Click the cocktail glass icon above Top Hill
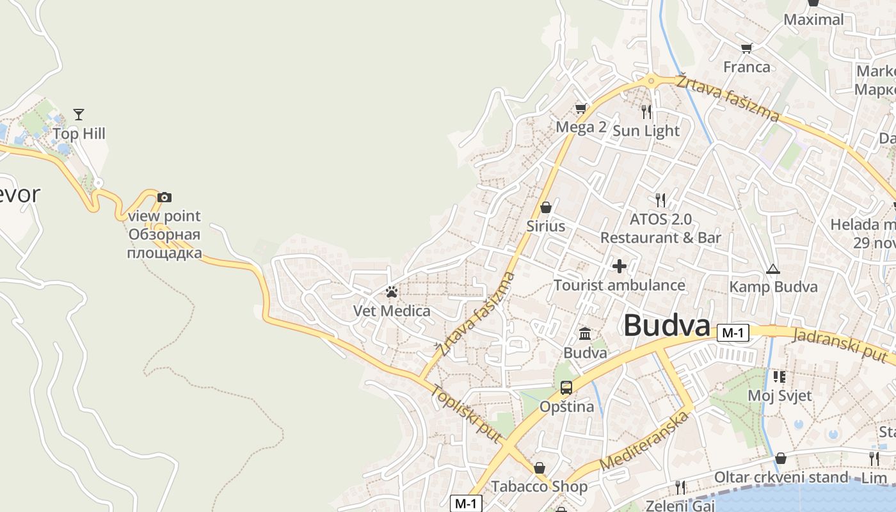tap(79, 115)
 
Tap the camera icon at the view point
tap(164, 197)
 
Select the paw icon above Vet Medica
tap(392, 292)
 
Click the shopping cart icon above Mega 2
tap(580, 108)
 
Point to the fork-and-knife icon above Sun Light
tap(646, 111)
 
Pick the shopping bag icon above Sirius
tap(546, 207)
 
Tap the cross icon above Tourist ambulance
tap(620, 266)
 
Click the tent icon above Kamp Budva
tap(773, 269)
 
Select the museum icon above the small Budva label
tap(585, 333)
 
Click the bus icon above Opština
tap(566, 387)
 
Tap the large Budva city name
tap(667, 325)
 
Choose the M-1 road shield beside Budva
tap(733, 333)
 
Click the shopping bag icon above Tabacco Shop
tap(540, 468)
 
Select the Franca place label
tap(747, 67)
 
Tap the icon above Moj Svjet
tap(779, 376)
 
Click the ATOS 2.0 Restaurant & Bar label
tap(660, 228)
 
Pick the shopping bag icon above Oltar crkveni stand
tap(780, 458)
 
